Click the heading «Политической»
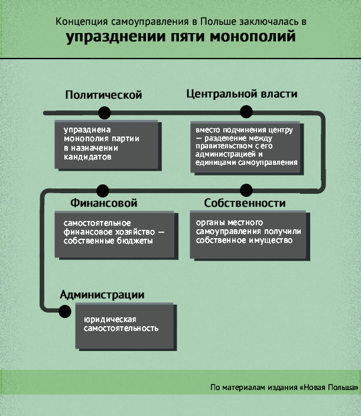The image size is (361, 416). click(x=104, y=95)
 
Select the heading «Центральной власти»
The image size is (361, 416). click(x=242, y=94)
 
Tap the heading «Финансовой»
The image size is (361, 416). click(x=104, y=203)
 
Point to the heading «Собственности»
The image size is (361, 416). click(x=245, y=203)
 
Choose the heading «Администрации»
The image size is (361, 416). click(x=102, y=295)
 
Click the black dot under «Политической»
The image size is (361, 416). click(x=104, y=113)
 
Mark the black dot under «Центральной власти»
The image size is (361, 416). click(x=246, y=112)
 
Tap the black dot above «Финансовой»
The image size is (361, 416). click(x=103, y=191)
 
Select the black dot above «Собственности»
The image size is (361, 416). click(x=246, y=190)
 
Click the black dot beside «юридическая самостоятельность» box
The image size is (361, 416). click(x=65, y=311)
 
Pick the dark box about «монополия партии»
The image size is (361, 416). click(x=108, y=145)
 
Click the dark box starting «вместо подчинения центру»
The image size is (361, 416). click(x=247, y=148)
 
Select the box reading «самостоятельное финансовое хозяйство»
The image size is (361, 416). click(x=116, y=235)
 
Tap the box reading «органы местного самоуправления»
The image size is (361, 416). click(x=249, y=236)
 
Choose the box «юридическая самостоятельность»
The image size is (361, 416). click(x=126, y=327)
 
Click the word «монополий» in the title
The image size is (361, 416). click(x=253, y=36)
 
